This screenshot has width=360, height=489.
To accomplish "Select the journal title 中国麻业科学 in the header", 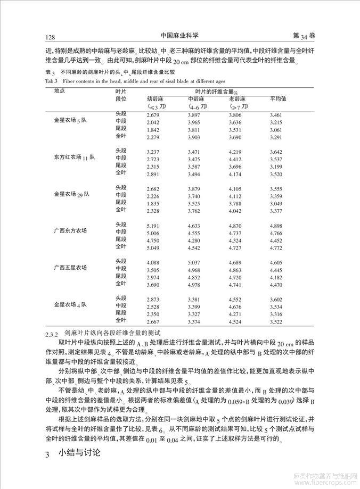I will point(180,36).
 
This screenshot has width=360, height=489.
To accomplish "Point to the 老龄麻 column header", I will point(238,99).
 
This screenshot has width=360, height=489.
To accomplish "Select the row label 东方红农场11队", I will point(74,158).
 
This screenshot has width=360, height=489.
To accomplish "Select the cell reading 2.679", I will point(153,115).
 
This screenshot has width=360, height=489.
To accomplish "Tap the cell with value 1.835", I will point(153,204).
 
